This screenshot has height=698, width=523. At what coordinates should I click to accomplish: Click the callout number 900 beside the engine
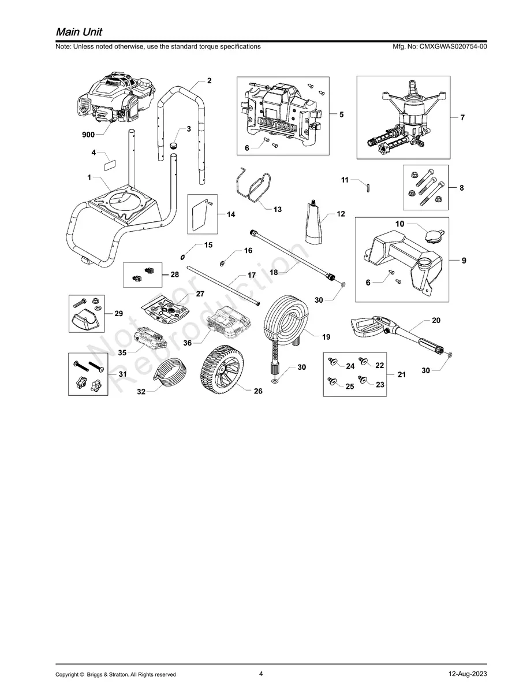[88, 135]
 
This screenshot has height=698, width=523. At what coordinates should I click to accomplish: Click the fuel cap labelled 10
[432, 236]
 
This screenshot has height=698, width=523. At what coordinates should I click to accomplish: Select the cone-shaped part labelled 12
[315, 225]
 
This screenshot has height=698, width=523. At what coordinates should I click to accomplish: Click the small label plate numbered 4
[108, 165]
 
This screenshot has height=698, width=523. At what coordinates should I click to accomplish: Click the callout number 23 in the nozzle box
[379, 384]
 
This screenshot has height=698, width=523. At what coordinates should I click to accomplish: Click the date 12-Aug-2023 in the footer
[467, 674]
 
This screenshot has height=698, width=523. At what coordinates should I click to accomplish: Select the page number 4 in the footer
[261, 674]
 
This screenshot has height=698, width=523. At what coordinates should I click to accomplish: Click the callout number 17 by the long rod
[252, 276]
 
